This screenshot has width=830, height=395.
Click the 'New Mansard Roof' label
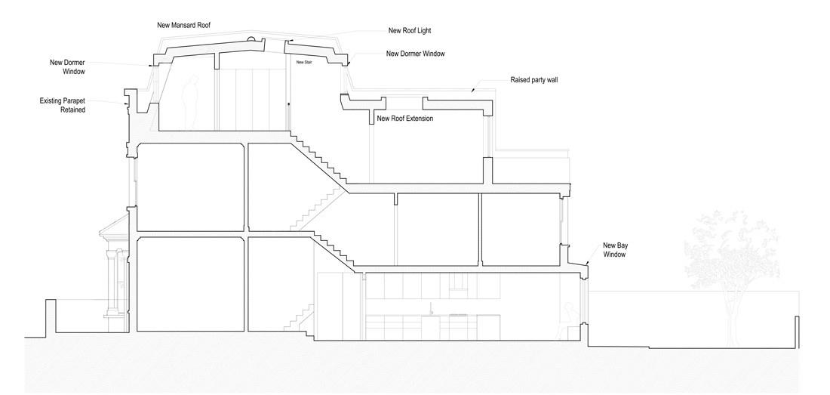(183, 25)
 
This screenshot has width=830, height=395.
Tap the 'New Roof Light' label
(410, 30)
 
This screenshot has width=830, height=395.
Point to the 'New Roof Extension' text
(404, 119)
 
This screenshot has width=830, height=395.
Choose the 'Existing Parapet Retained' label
(63, 105)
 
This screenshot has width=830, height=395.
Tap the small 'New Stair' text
(304, 63)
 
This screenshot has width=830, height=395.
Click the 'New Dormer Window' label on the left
(64, 66)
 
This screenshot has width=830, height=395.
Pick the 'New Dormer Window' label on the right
(415, 54)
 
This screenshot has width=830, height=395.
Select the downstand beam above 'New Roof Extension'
(371, 115)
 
